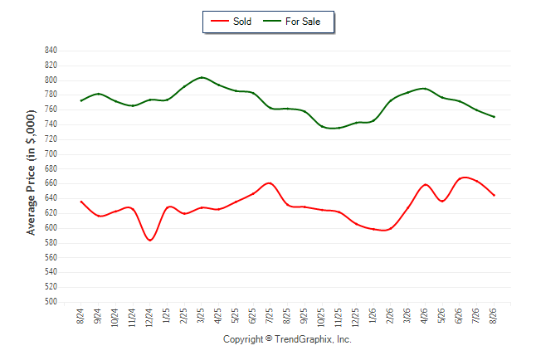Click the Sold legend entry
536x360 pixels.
click(x=231, y=22)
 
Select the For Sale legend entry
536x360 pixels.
click(x=291, y=22)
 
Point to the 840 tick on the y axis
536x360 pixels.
click(x=51, y=51)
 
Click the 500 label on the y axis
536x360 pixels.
click(x=51, y=302)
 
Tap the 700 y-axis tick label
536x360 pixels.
click(x=51, y=153)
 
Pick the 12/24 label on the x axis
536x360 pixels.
click(x=149, y=318)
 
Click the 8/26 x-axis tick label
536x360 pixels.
click(x=494, y=315)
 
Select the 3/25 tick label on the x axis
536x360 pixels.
click(x=201, y=315)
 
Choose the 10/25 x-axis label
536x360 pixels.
click(x=321, y=318)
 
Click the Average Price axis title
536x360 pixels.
click(x=31, y=173)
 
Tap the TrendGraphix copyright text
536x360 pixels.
click(x=287, y=339)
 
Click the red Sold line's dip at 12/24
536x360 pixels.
click(x=149, y=240)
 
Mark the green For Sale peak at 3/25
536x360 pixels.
click(x=202, y=78)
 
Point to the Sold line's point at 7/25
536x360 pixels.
click(x=270, y=183)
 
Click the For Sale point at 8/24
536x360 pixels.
click(x=81, y=100)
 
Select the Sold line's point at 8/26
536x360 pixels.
click(x=494, y=195)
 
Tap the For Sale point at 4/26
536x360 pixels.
click(x=425, y=89)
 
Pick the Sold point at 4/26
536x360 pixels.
click(x=425, y=185)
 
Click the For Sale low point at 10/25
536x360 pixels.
click(x=322, y=126)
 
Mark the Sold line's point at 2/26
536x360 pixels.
click(x=390, y=228)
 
